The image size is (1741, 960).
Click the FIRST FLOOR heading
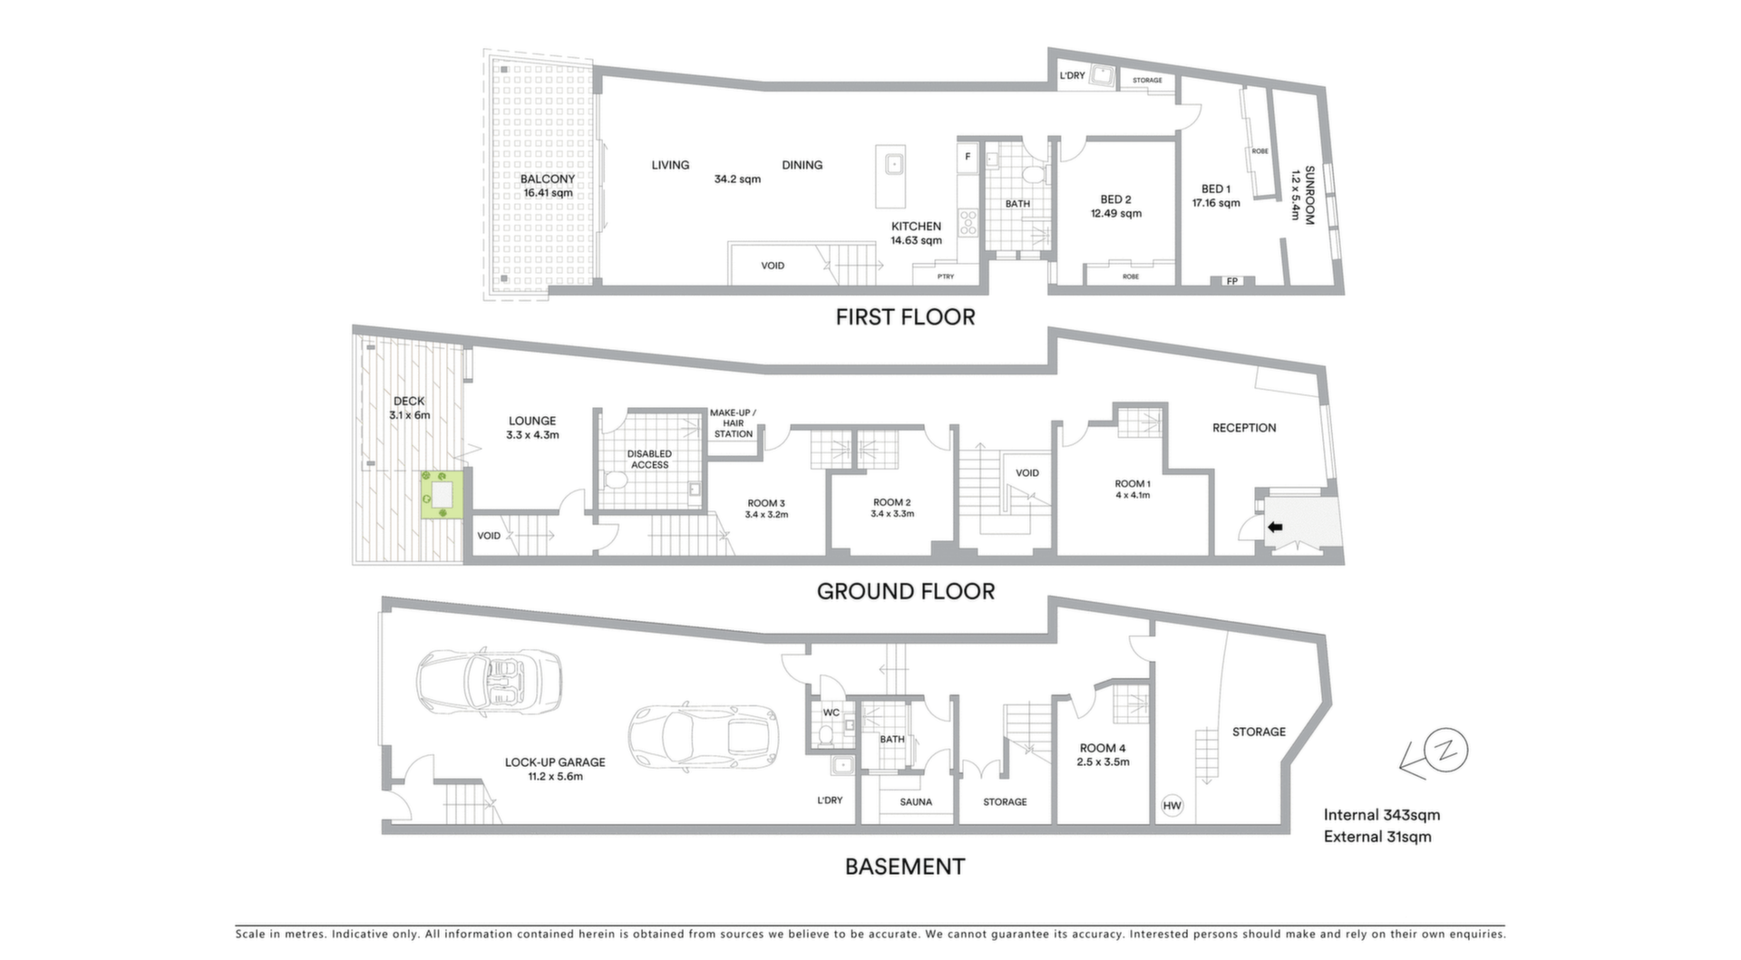pos(905,317)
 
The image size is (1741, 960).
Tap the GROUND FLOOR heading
pos(906,592)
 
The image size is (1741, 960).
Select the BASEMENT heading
pos(905,867)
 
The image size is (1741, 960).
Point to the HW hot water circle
pos(1172,805)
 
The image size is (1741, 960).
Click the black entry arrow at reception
pos(1275,527)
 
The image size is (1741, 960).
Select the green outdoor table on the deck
pos(443,495)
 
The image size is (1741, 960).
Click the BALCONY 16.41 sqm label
pos(548,186)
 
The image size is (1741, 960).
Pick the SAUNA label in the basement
pos(916,802)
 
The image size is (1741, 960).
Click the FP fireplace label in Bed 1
pos(1232,281)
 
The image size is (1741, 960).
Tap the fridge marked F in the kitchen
pos(968,157)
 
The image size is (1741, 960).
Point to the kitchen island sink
pos(893,164)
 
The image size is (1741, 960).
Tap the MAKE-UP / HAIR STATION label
pos(733,423)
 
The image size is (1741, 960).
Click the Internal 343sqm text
pos(1381,815)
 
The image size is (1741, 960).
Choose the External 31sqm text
pos(1377,837)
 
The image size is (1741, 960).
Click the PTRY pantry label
pos(946,276)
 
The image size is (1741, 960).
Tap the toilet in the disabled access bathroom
pos(614,479)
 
